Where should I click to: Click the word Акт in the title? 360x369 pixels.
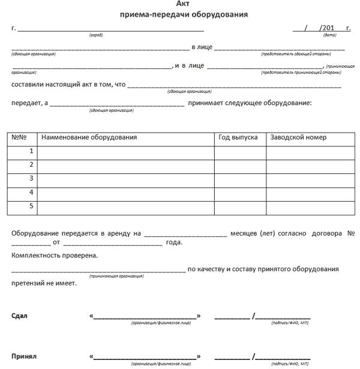click(x=184, y=4)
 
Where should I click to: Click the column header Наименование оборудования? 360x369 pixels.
click(x=89, y=137)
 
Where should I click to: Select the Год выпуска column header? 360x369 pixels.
click(x=238, y=137)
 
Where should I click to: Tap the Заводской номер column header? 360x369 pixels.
click(x=298, y=137)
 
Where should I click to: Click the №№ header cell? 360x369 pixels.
click(x=19, y=137)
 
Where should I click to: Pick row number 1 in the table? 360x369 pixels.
click(x=31, y=151)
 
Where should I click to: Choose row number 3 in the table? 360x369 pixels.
click(x=31, y=179)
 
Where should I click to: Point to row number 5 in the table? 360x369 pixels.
click(x=31, y=206)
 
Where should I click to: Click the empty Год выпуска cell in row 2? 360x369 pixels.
click(x=240, y=166)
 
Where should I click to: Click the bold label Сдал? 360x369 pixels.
click(x=19, y=316)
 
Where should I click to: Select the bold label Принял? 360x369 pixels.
click(x=24, y=356)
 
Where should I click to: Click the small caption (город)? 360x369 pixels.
click(x=96, y=35)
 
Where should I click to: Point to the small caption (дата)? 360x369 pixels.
click(x=329, y=35)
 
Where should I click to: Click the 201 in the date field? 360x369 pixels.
click(x=327, y=28)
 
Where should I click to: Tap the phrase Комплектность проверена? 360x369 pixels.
click(x=54, y=256)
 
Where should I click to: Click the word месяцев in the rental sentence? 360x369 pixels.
click(x=245, y=232)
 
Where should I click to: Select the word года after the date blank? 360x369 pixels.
click(x=173, y=243)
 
